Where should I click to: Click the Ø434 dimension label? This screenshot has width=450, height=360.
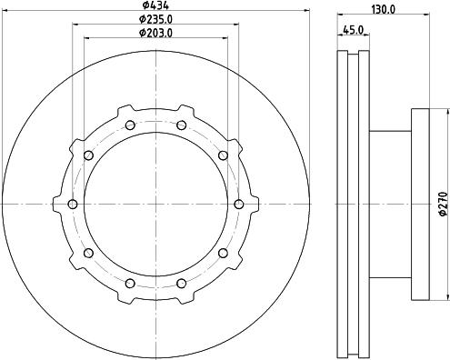155,5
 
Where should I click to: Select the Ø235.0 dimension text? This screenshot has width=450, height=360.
155,19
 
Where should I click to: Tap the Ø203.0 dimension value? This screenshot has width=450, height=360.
155,33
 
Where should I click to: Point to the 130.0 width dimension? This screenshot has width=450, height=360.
384,9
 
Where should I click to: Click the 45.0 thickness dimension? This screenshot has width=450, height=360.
353,30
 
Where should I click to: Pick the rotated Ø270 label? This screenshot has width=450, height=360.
443,204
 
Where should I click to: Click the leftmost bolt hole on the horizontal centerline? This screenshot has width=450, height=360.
73,205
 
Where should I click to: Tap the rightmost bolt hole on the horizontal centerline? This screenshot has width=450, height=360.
239,205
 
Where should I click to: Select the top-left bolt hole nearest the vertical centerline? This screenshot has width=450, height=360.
130,125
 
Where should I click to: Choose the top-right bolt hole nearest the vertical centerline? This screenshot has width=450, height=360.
182,125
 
